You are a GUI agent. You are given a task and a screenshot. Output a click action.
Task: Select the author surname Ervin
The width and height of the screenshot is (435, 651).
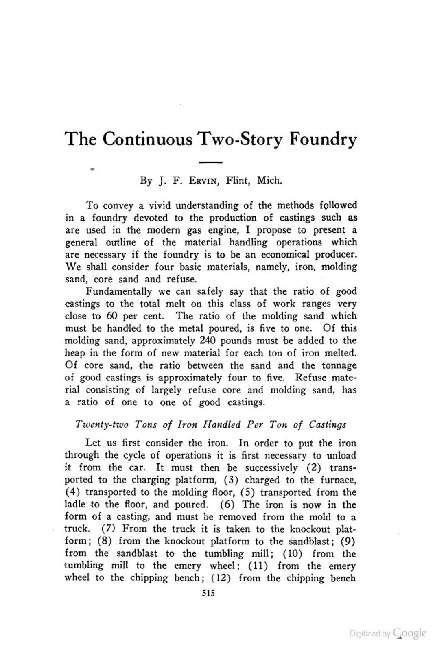(203, 180)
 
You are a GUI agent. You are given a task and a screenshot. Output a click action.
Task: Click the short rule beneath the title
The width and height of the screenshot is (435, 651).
(210, 162)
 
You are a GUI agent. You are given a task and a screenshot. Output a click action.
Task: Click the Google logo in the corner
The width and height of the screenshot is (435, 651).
(410, 633)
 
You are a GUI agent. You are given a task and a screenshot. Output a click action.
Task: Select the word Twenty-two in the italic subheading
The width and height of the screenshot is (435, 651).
(102, 424)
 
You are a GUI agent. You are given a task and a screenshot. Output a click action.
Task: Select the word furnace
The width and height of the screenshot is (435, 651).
(341, 480)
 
